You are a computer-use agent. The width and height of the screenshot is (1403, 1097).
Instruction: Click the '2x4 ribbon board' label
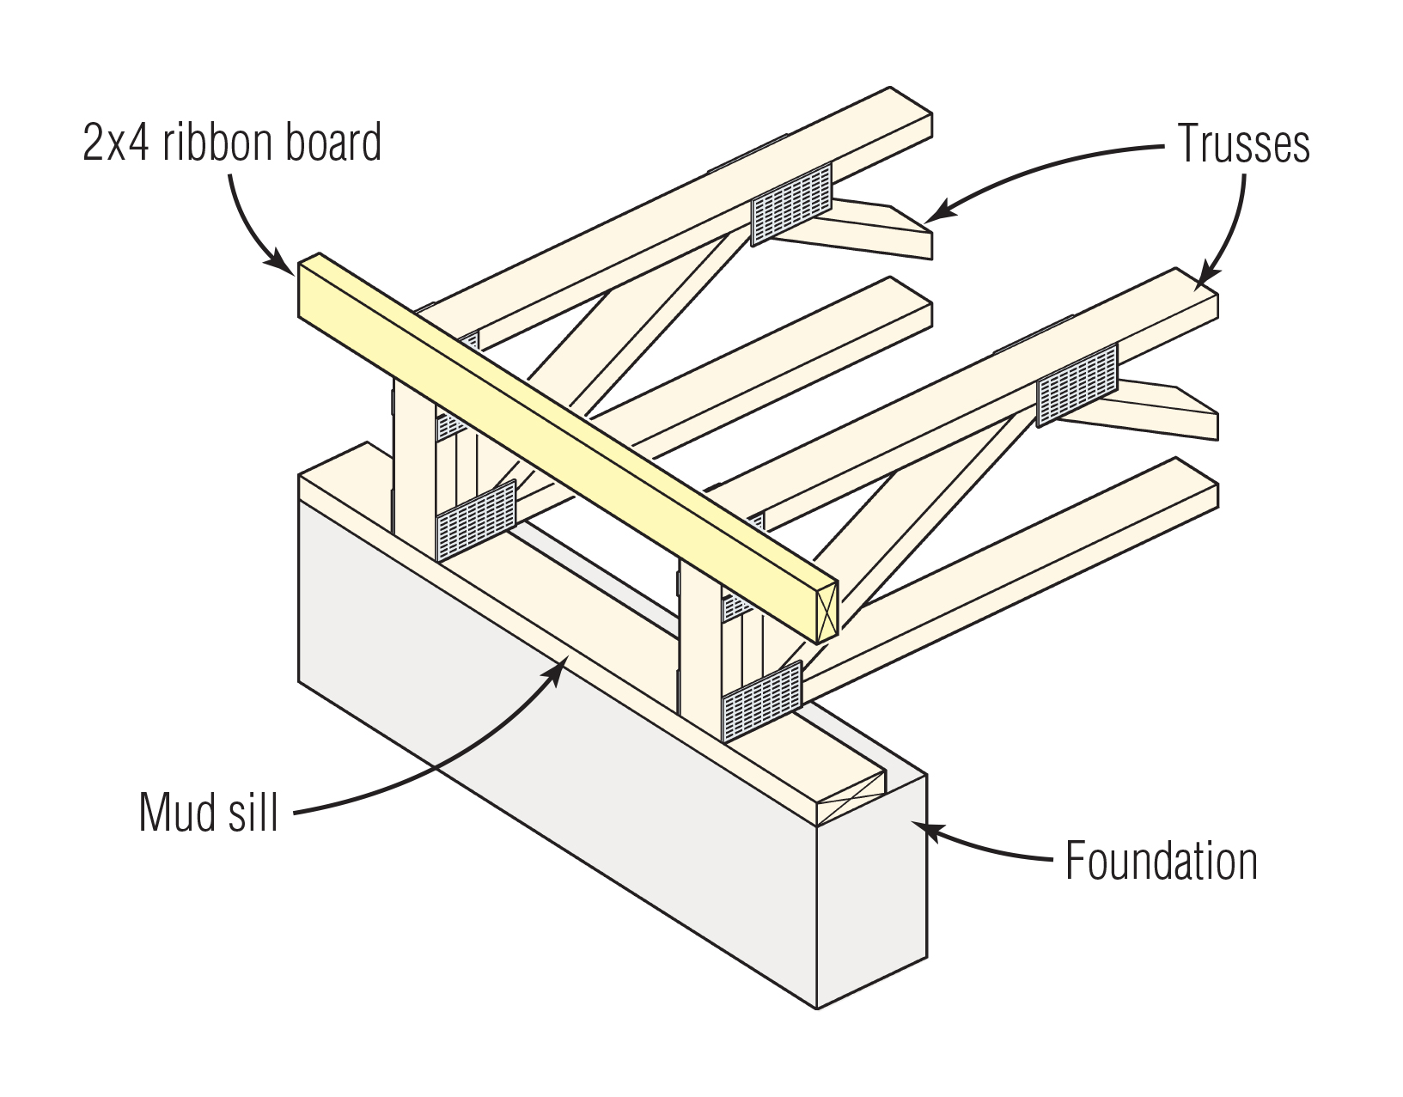[232, 143]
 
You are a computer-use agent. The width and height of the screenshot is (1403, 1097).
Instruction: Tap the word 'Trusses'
[1242, 143]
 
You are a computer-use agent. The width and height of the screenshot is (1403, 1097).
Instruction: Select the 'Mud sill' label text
[209, 812]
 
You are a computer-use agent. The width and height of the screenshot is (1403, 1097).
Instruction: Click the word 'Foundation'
[1161, 861]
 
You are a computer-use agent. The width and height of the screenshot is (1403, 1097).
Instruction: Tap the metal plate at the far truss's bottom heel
[476, 520]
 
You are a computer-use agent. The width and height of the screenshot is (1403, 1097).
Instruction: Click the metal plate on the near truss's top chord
[1077, 384]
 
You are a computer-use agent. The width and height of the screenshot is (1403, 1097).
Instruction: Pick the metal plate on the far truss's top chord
[791, 203]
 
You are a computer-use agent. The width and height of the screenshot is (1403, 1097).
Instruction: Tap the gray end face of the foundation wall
[871, 893]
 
